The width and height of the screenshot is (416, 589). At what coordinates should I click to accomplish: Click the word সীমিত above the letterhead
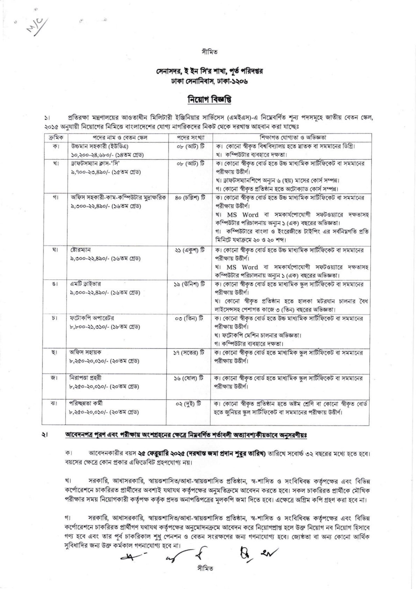point(208,52)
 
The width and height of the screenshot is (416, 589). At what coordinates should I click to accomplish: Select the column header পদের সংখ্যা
point(189,137)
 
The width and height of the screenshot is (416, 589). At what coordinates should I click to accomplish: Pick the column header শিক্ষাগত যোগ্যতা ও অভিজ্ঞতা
point(291,137)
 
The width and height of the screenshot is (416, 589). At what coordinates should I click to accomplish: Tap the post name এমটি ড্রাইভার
point(83,284)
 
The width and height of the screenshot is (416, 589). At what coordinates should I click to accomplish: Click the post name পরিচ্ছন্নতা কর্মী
point(86,404)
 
